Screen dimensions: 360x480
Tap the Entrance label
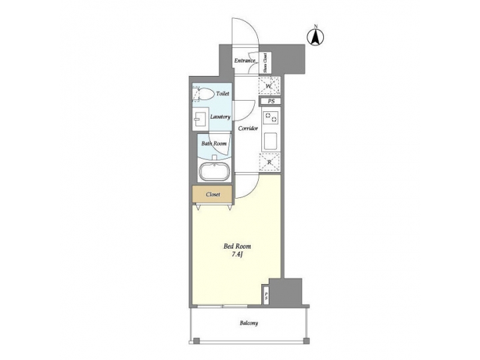coord(245,62)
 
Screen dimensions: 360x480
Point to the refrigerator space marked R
coord(269,162)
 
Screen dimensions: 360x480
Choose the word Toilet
coord(222,95)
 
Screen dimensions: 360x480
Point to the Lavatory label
coord(220,117)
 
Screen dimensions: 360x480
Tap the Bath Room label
coord(215,143)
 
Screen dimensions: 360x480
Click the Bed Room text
coord(237,247)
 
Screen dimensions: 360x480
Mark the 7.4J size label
coord(237,255)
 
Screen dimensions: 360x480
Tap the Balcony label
coord(249,323)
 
